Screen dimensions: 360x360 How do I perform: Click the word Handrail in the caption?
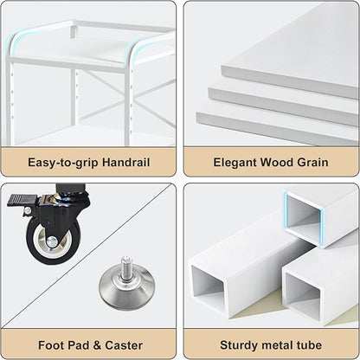coord(126,162)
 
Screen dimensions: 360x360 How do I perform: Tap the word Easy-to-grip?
coord(63,163)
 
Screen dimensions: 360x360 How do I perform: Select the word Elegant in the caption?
coord(235,163)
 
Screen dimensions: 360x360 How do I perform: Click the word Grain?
coord(312,162)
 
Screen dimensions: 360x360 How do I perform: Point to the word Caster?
coord(124,345)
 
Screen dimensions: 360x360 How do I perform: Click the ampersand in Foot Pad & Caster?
coord(97,345)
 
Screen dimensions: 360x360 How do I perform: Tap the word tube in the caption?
coord(309,345)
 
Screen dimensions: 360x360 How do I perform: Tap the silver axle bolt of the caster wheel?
coord(52,241)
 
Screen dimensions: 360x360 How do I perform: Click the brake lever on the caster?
coord(22,201)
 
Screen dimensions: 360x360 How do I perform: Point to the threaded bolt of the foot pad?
coord(125,267)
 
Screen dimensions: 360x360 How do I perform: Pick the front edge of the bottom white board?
coord(277,128)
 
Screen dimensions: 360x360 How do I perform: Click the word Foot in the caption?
coord(50,345)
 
